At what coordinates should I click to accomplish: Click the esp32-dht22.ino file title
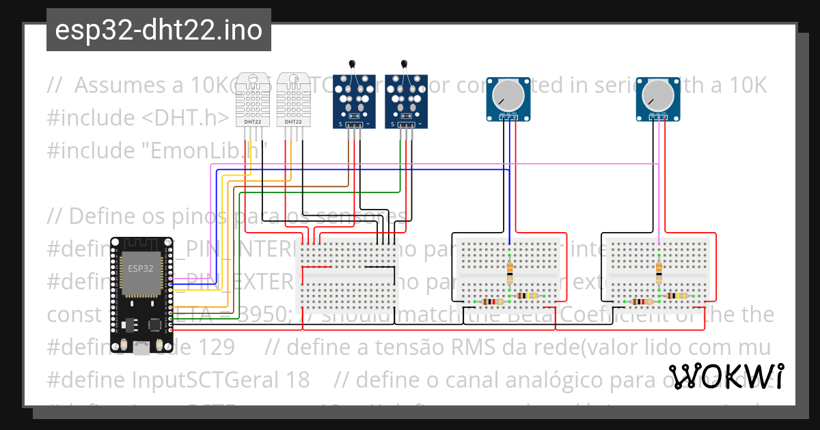point(159,30)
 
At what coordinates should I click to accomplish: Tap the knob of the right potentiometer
point(659,94)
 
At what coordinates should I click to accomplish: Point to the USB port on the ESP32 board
point(141,349)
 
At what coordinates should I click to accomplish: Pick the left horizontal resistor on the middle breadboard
point(490,302)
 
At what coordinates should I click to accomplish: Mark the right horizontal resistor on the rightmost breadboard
point(679,296)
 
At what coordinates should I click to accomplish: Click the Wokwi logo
point(726,377)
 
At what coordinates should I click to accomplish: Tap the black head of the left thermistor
point(352,66)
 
